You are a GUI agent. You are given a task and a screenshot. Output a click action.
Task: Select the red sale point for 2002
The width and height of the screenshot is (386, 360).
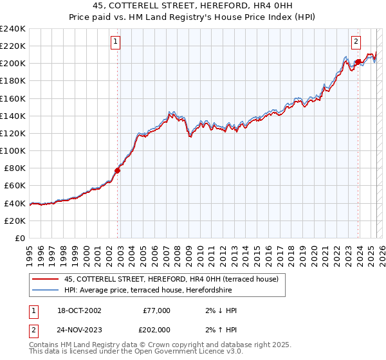click(x=118, y=170)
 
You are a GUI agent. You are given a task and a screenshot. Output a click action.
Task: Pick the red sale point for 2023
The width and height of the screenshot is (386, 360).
click(x=358, y=62)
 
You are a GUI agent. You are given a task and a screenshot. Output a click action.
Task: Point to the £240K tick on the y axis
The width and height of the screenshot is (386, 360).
click(x=13, y=29)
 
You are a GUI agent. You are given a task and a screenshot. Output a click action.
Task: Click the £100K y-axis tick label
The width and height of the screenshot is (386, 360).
click(x=13, y=150)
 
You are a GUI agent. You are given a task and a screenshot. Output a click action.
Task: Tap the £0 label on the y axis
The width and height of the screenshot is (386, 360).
click(x=20, y=238)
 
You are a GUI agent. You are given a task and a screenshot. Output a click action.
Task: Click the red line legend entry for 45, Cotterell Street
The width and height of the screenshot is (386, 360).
click(x=171, y=279)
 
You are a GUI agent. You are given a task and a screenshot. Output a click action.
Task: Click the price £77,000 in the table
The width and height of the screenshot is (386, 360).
click(x=156, y=310)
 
